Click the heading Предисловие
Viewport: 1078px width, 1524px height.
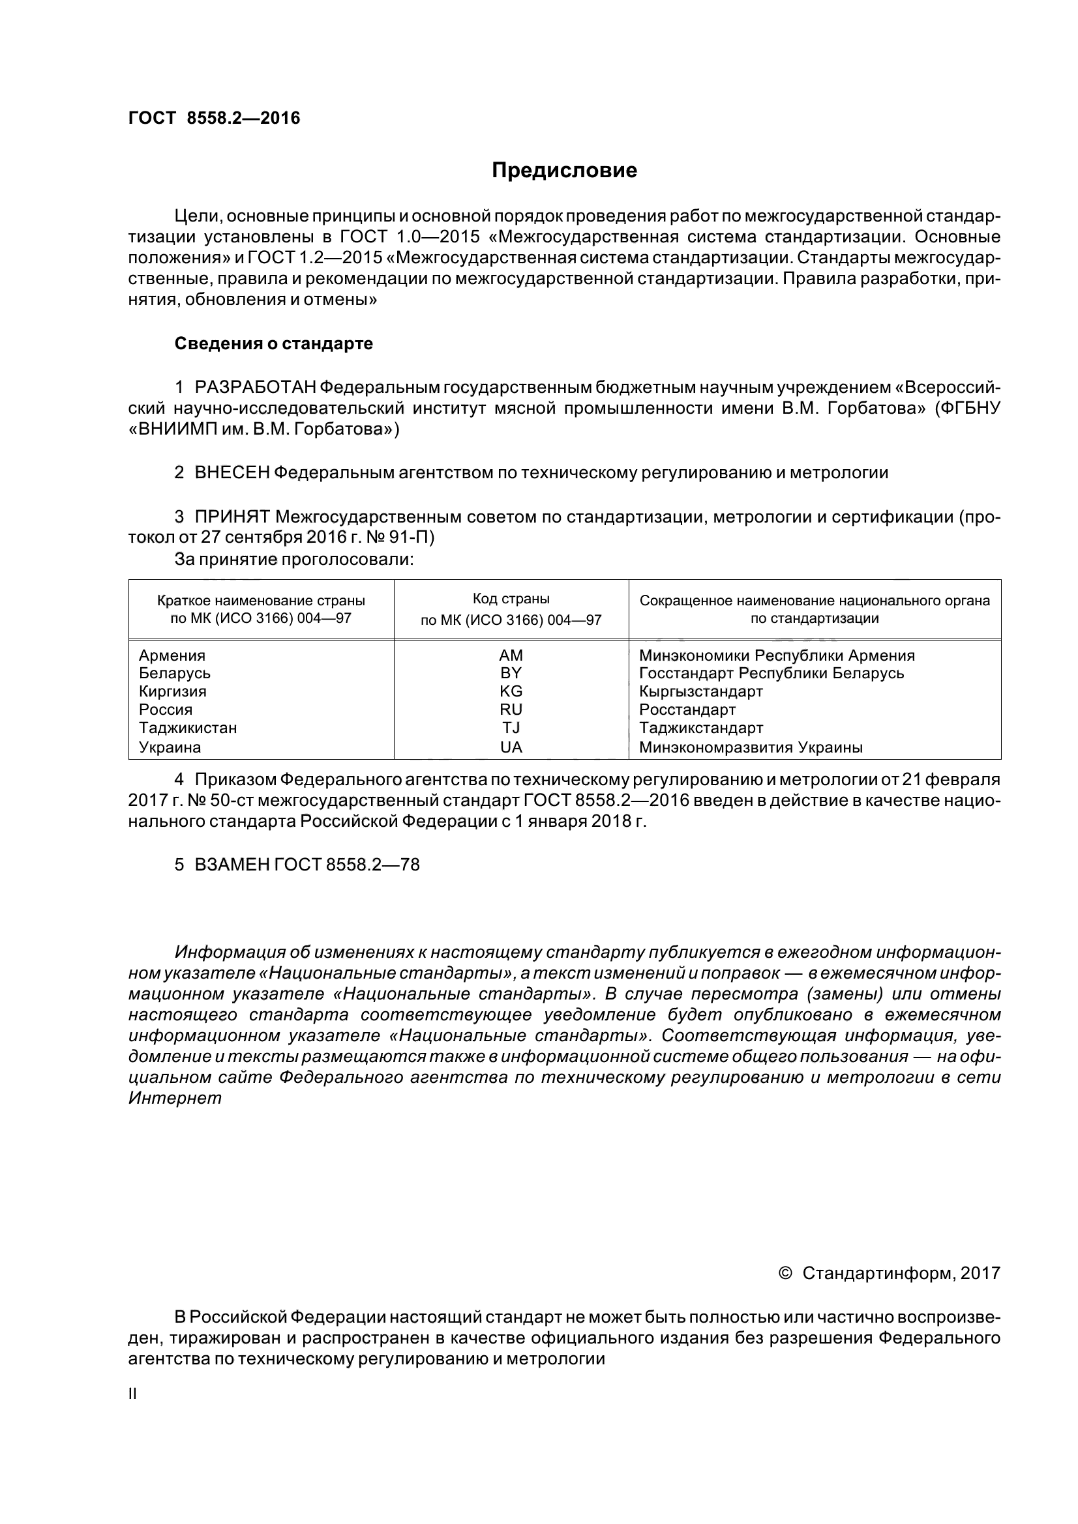(x=564, y=171)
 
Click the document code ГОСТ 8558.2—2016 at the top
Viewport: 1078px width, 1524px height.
(x=214, y=118)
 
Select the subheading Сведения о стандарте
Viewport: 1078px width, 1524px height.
(x=273, y=344)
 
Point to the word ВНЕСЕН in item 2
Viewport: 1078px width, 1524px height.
(x=232, y=472)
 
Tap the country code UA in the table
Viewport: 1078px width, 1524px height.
(x=511, y=747)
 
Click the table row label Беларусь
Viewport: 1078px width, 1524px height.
(x=175, y=673)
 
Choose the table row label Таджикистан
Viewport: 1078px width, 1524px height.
(x=187, y=728)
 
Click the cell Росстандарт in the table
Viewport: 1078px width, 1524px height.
(x=687, y=710)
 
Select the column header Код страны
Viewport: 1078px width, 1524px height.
(x=511, y=599)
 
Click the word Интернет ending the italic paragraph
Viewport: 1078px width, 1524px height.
(x=175, y=1099)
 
